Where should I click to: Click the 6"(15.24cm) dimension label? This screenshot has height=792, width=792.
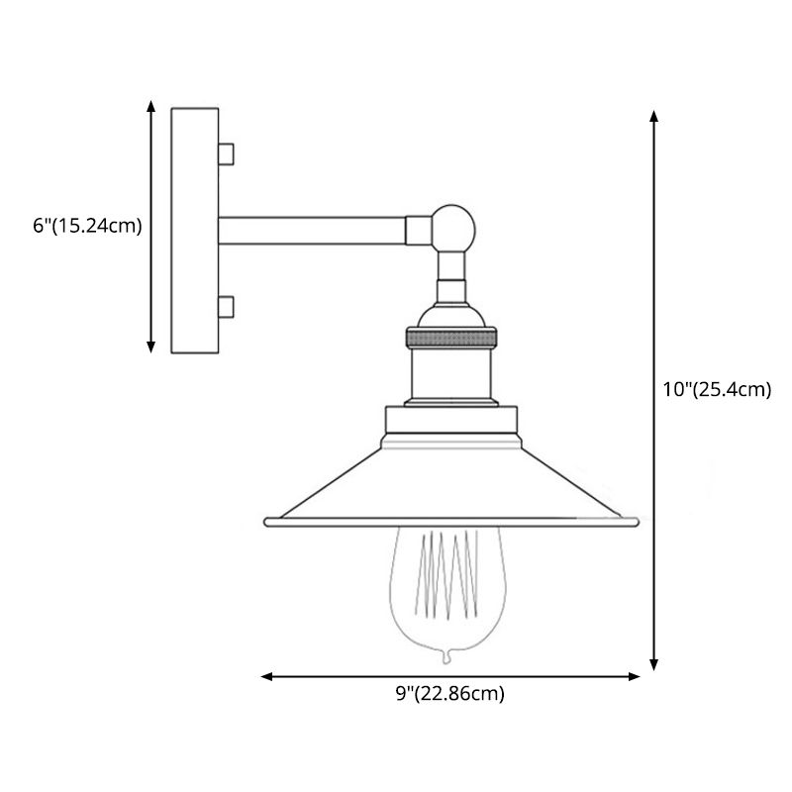point(87,226)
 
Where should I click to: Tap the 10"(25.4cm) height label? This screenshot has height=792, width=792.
point(717,389)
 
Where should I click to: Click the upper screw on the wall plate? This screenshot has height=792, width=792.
point(227,153)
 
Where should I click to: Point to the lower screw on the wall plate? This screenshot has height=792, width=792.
point(227,307)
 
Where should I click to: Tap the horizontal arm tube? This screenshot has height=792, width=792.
point(312,231)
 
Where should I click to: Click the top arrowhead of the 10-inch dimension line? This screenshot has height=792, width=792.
point(653,115)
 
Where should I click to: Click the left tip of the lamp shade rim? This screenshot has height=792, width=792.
point(265,520)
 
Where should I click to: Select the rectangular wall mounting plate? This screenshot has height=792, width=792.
point(194,230)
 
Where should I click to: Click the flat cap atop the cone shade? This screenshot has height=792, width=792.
point(450,424)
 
